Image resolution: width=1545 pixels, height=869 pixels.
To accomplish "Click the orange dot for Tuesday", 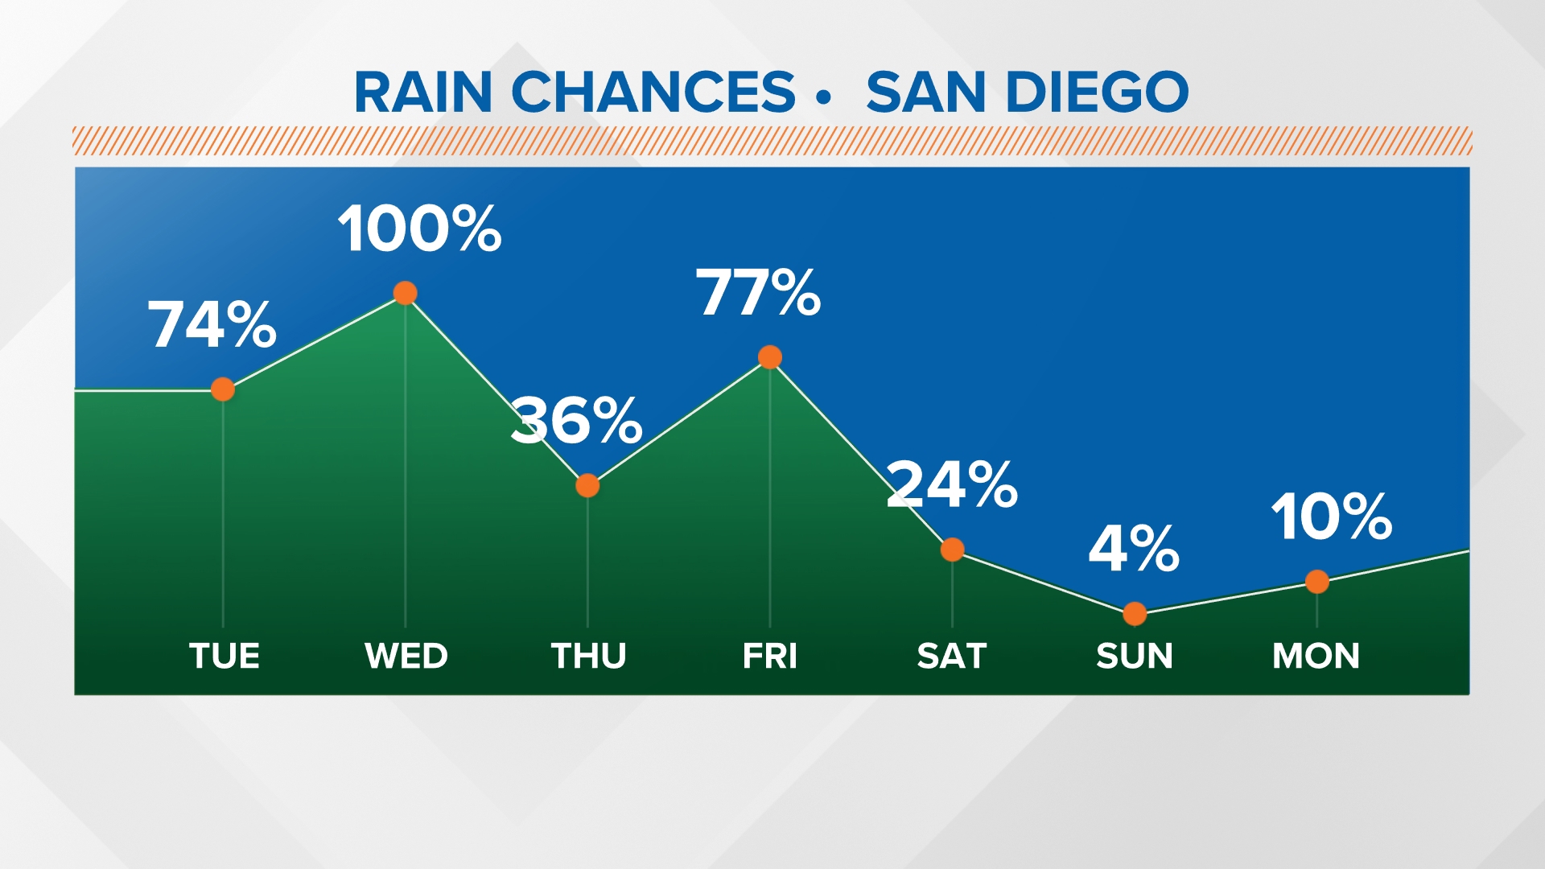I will (223, 389).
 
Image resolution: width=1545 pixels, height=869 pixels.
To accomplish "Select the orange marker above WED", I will (406, 293).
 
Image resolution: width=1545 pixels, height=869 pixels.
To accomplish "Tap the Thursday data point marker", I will (587, 486).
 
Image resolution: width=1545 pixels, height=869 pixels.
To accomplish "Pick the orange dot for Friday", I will (770, 357).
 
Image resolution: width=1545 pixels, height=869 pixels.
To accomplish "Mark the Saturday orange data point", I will (952, 550).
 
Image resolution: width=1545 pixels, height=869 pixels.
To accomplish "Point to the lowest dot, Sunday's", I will (1135, 614).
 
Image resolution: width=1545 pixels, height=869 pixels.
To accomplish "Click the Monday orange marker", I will (1317, 581).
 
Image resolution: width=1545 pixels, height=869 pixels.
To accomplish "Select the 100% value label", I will (419, 229).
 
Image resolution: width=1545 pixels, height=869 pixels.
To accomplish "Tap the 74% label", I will (212, 325).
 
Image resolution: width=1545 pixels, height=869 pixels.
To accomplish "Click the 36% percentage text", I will (577, 421).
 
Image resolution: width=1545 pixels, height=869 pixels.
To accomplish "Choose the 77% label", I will (758, 293).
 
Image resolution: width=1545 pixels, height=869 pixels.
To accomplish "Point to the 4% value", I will (1134, 550).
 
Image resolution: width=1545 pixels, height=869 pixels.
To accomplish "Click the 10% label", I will (1332, 517).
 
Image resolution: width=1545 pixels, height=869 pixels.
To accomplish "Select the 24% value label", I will (952, 484).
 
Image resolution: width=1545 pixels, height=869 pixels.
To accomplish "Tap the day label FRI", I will (770, 656).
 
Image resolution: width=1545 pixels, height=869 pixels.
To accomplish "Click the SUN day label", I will (1135, 656).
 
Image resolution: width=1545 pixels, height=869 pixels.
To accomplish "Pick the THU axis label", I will (588, 656).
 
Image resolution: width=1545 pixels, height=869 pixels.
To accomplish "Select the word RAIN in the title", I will (423, 92).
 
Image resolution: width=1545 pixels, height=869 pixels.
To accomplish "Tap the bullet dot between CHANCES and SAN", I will (822, 97).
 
